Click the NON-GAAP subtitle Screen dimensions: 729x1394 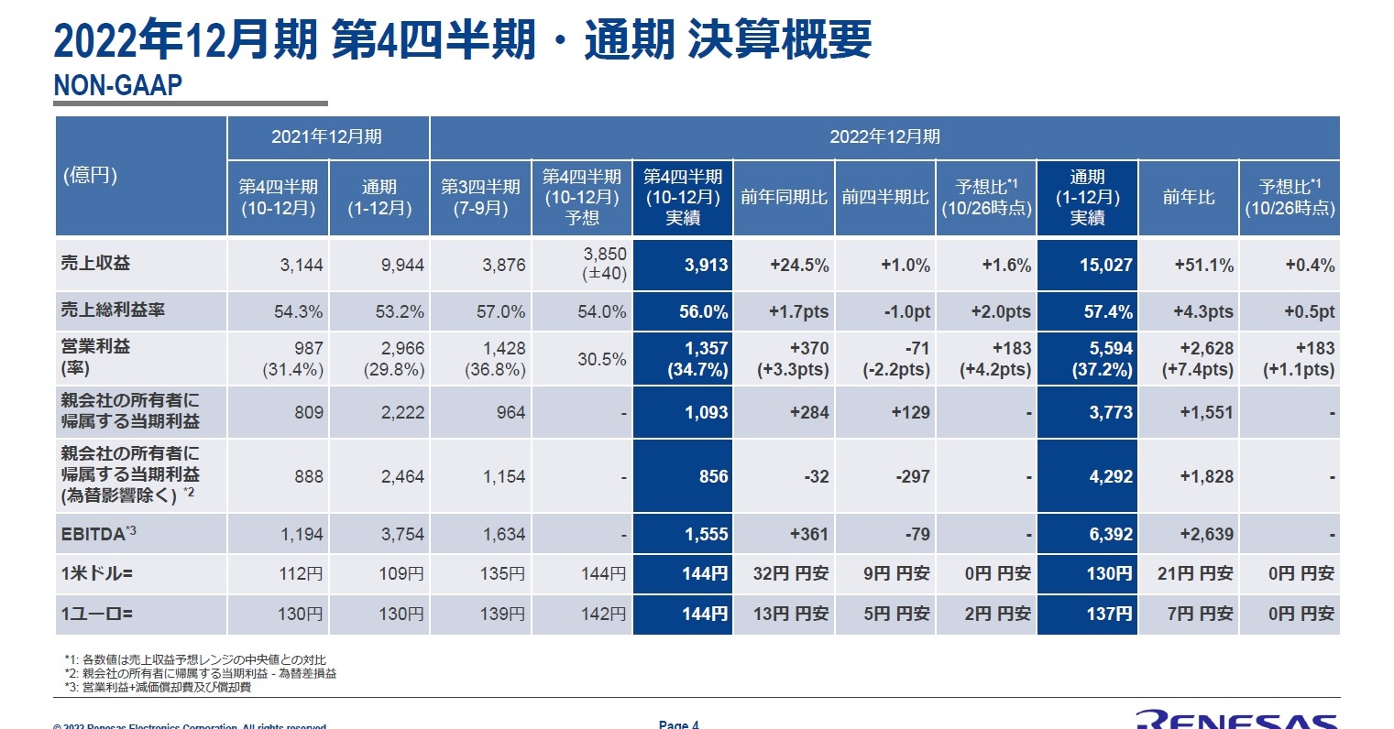point(118,85)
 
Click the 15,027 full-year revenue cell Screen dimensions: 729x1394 point(1088,266)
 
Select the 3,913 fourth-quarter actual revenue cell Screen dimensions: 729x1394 point(683,266)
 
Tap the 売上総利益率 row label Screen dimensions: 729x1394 point(114,310)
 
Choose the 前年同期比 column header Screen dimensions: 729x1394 point(784,198)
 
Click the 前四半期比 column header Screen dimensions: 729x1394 point(884,198)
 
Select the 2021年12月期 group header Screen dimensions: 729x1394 point(327,137)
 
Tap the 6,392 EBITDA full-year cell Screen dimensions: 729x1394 point(1088,534)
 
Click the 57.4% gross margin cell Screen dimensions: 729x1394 point(1088,311)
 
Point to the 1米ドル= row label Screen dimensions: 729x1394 point(97,574)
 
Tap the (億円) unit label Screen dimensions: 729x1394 point(90,175)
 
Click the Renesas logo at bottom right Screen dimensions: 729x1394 point(1237,718)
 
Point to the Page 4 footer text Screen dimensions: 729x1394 point(679,724)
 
